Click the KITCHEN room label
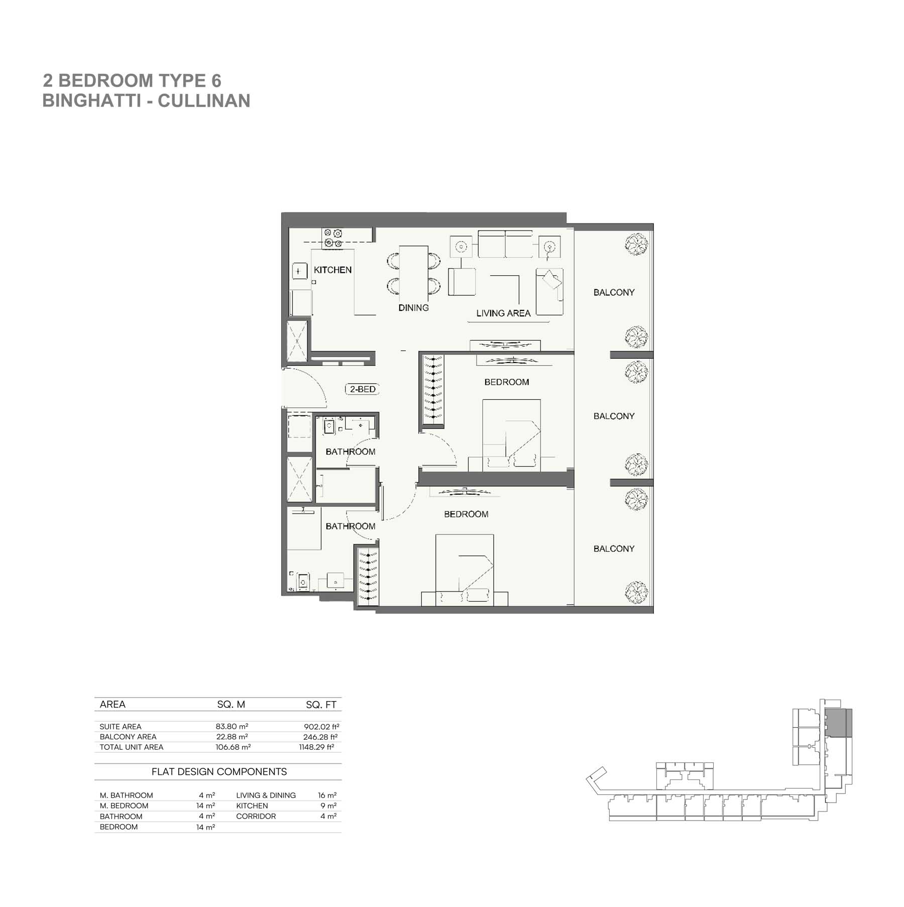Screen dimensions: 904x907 click(332, 270)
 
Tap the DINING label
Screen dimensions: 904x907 click(413, 308)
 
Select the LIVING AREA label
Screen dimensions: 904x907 click(503, 313)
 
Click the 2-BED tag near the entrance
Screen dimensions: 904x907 click(362, 389)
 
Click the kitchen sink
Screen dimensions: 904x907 click(300, 271)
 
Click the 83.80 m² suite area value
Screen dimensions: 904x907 click(232, 726)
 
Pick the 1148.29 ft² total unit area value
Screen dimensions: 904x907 click(316, 747)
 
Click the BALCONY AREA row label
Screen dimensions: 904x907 click(128, 737)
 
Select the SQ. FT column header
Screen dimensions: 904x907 click(321, 705)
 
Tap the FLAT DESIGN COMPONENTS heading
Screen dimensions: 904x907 click(219, 772)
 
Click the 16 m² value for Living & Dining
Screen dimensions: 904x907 click(327, 796)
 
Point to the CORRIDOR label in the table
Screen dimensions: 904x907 click(256, 816)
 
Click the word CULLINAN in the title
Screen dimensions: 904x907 click(204, 101)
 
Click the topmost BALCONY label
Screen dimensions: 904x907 click(614, 292)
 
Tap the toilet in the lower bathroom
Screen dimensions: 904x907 click(302, 582)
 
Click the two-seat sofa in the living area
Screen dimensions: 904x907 click(505, 244)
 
